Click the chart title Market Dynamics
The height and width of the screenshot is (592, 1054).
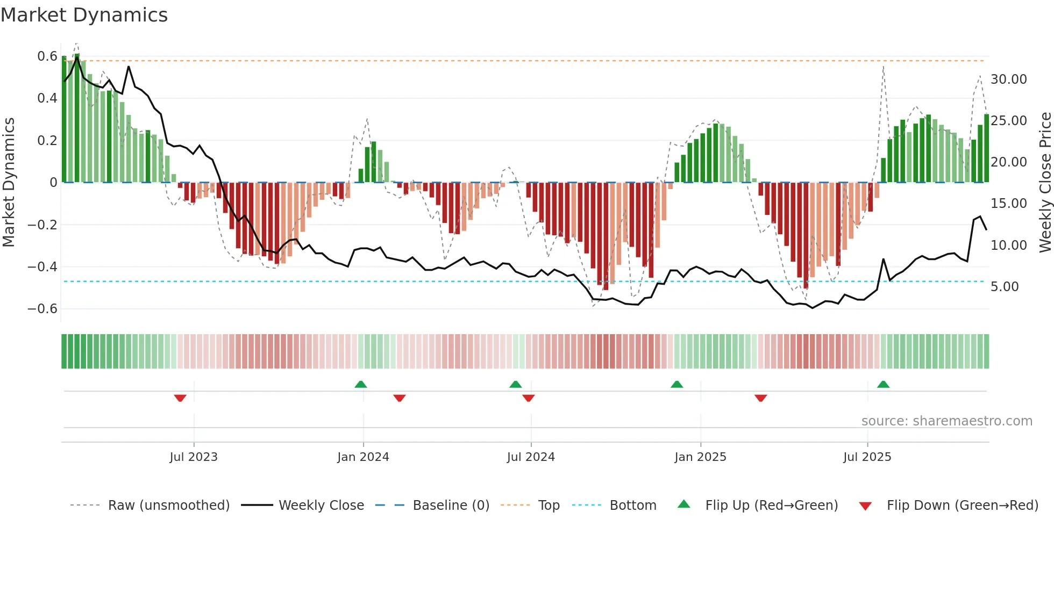[x=84, y=15]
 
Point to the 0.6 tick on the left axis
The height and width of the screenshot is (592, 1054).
[x=47, y=56]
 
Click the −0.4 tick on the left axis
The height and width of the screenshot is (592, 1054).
[x=42, y=267]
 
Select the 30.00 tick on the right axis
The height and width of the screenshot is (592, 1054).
[x=1008, y=80]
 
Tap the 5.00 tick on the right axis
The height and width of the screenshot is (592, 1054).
[x=1005, y=287]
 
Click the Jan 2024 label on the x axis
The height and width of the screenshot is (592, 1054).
[x=363, y=457]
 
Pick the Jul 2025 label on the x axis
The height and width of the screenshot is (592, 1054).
[x=867, y=457]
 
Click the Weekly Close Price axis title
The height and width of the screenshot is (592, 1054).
[x=1045, y=182]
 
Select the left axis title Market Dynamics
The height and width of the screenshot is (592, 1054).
[x=9, y=182]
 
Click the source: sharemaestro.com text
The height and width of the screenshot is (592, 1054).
[x=946, y=421]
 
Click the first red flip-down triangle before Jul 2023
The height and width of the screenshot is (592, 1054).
[x=180, y=398]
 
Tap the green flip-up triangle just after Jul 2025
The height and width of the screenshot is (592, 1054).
[x=883, y=384]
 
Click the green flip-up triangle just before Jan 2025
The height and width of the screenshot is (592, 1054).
[x=676, y=384]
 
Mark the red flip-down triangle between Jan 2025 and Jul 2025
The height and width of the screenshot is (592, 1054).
[x=760, y=398]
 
